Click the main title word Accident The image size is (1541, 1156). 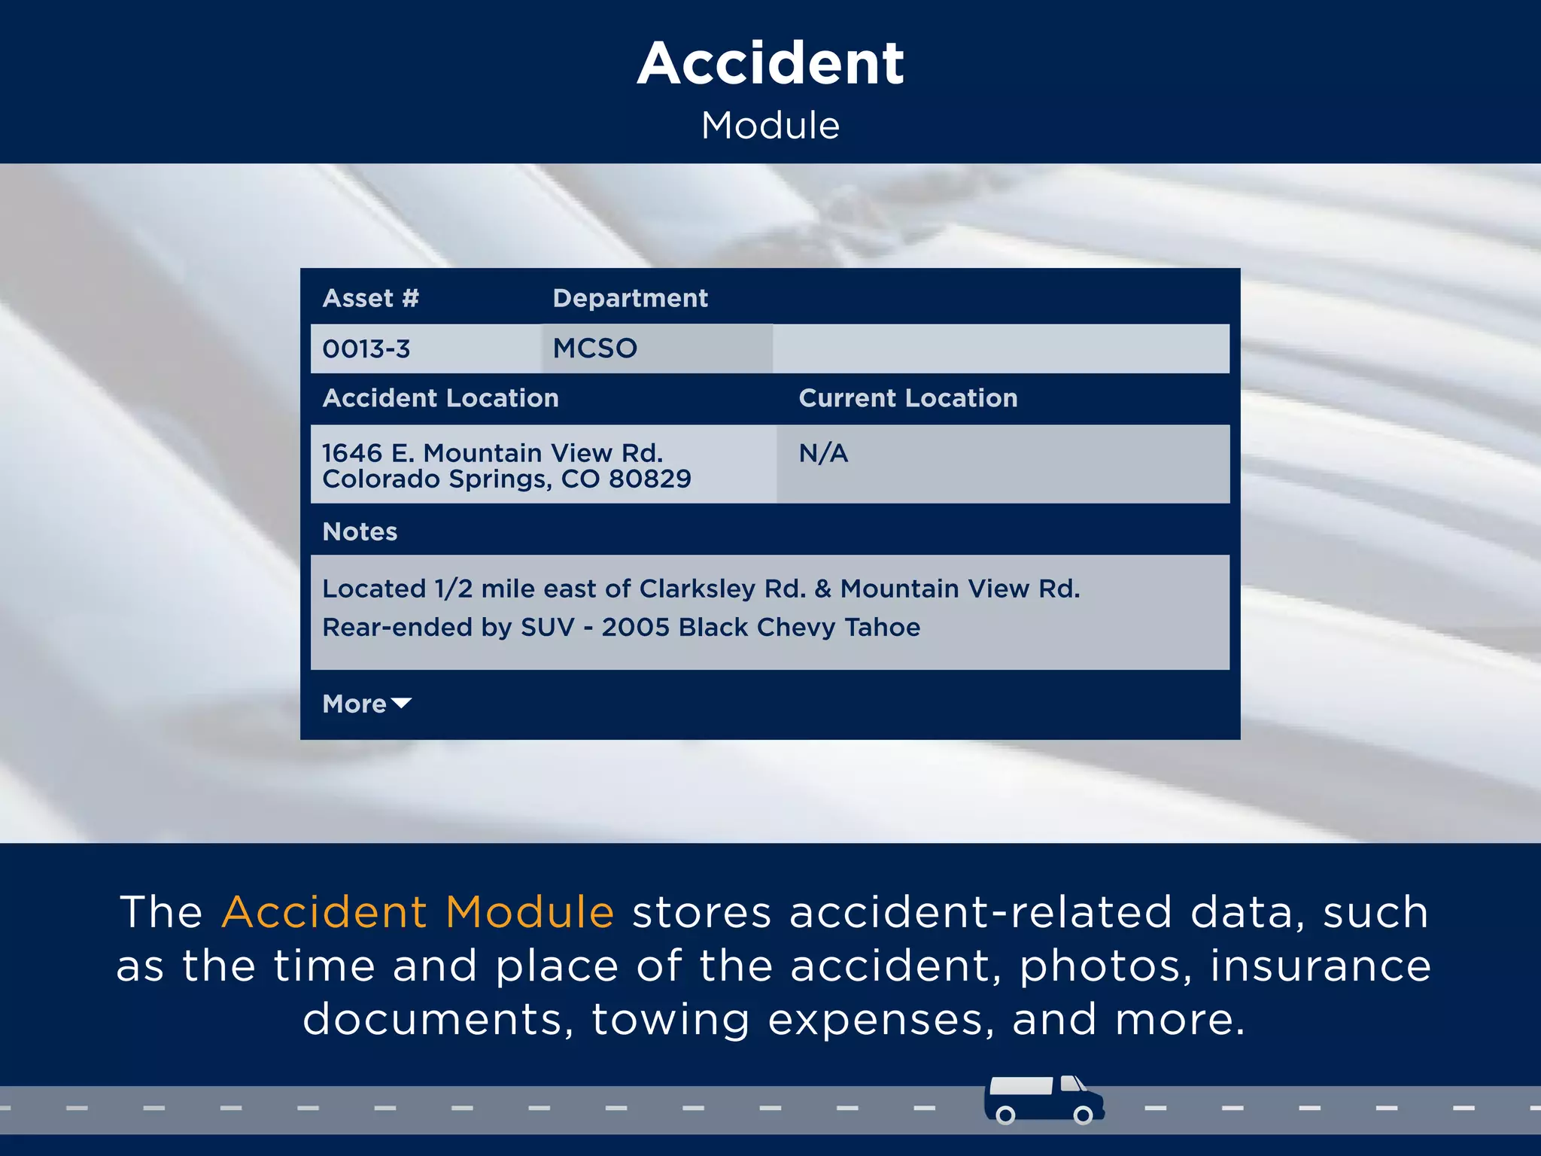[x=770, y=63]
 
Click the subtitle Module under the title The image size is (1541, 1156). [x=770, y=126]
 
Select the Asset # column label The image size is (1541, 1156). [x=370, y=299]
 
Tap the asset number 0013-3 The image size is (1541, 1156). [x=366, y=349]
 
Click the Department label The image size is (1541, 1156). [x=630, y=299]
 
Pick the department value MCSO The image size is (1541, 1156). [x=594, y=348]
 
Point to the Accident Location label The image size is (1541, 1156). [x=440, y=398]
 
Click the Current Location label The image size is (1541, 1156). [x=907, y=398]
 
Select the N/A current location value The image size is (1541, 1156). [x=823, y=454]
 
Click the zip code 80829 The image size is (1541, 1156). [x=649, y=479]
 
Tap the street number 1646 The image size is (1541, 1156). [x=352, y=454]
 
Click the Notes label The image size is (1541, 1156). [x=360, y=532]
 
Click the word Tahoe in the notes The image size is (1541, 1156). [x=882, y=628]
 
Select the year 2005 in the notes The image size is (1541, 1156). [x=635, y=628]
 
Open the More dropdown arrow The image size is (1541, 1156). [x=402, y=704]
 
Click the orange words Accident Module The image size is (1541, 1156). [x=418, y=912]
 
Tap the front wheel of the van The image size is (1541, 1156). [x=1083, y=1115]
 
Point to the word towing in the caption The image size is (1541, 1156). [x=671, y=1020]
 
